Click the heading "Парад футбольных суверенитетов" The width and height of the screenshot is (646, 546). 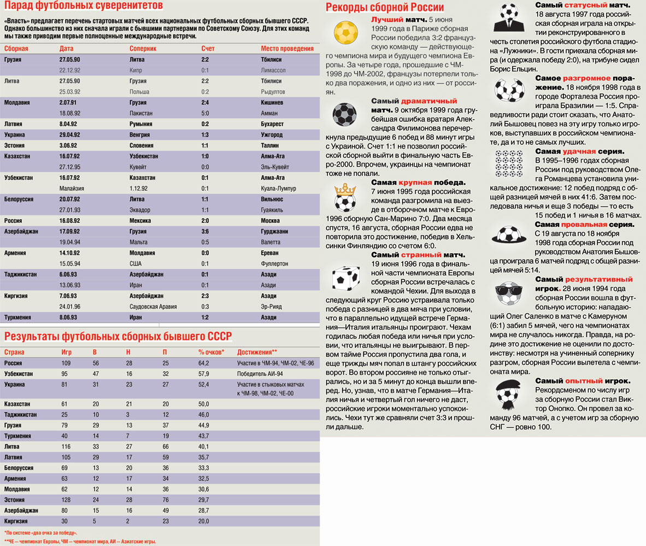pos(83,7)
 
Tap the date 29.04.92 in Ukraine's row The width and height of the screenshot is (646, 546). pos(69,134)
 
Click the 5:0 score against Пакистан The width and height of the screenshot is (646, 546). pos(205,113)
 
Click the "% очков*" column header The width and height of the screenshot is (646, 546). pos(211,353)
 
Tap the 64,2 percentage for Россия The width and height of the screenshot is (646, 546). pos(204,363)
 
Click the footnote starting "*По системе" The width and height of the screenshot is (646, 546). pos(40,532)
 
